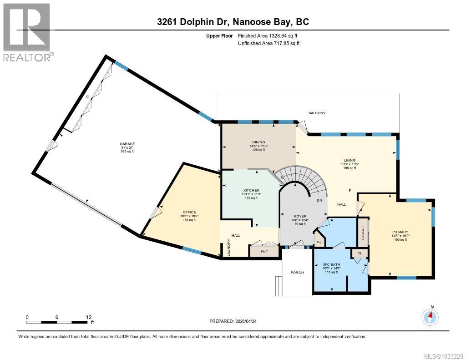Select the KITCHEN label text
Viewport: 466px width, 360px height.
251,190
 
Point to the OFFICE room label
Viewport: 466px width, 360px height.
189,212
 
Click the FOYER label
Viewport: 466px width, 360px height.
300,216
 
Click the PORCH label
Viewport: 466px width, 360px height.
297,273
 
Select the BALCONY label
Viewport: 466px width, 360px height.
317,113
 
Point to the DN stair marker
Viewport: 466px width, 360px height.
319,200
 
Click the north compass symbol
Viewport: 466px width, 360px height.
430,316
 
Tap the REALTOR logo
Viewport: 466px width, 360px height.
27,31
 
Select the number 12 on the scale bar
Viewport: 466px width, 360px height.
89,317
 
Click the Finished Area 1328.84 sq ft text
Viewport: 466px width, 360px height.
268,35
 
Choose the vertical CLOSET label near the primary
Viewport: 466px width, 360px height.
363,232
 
